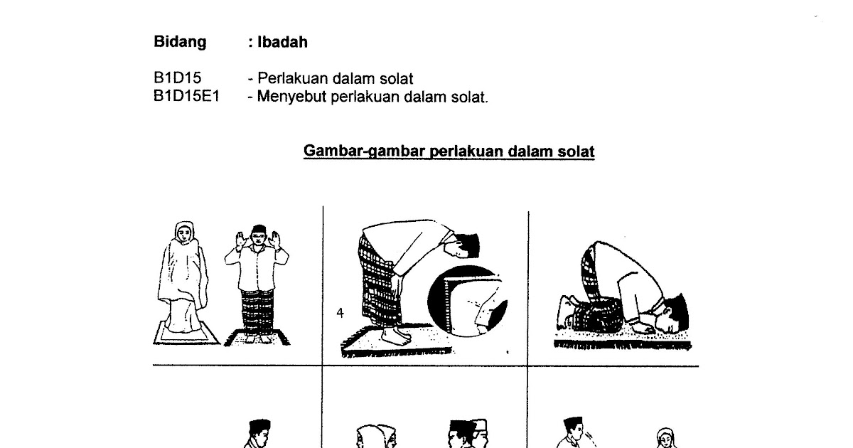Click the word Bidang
(x=180, y=42)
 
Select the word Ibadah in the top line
(x=282, y=42)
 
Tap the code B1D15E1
(x=186, y=97)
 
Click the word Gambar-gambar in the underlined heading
(x=365, y=151)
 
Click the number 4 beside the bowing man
(x=340, y=313)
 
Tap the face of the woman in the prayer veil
(x=184, y=233)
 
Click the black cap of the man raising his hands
(x=259, y=229)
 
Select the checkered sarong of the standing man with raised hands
(x=257, y=311)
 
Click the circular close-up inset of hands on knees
(x=468, y=301)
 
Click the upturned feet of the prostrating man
(x=564, y=312)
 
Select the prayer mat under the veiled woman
(x=186, y=333)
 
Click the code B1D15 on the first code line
(x=177, y=78)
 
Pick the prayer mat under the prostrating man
(x=622, y=340)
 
